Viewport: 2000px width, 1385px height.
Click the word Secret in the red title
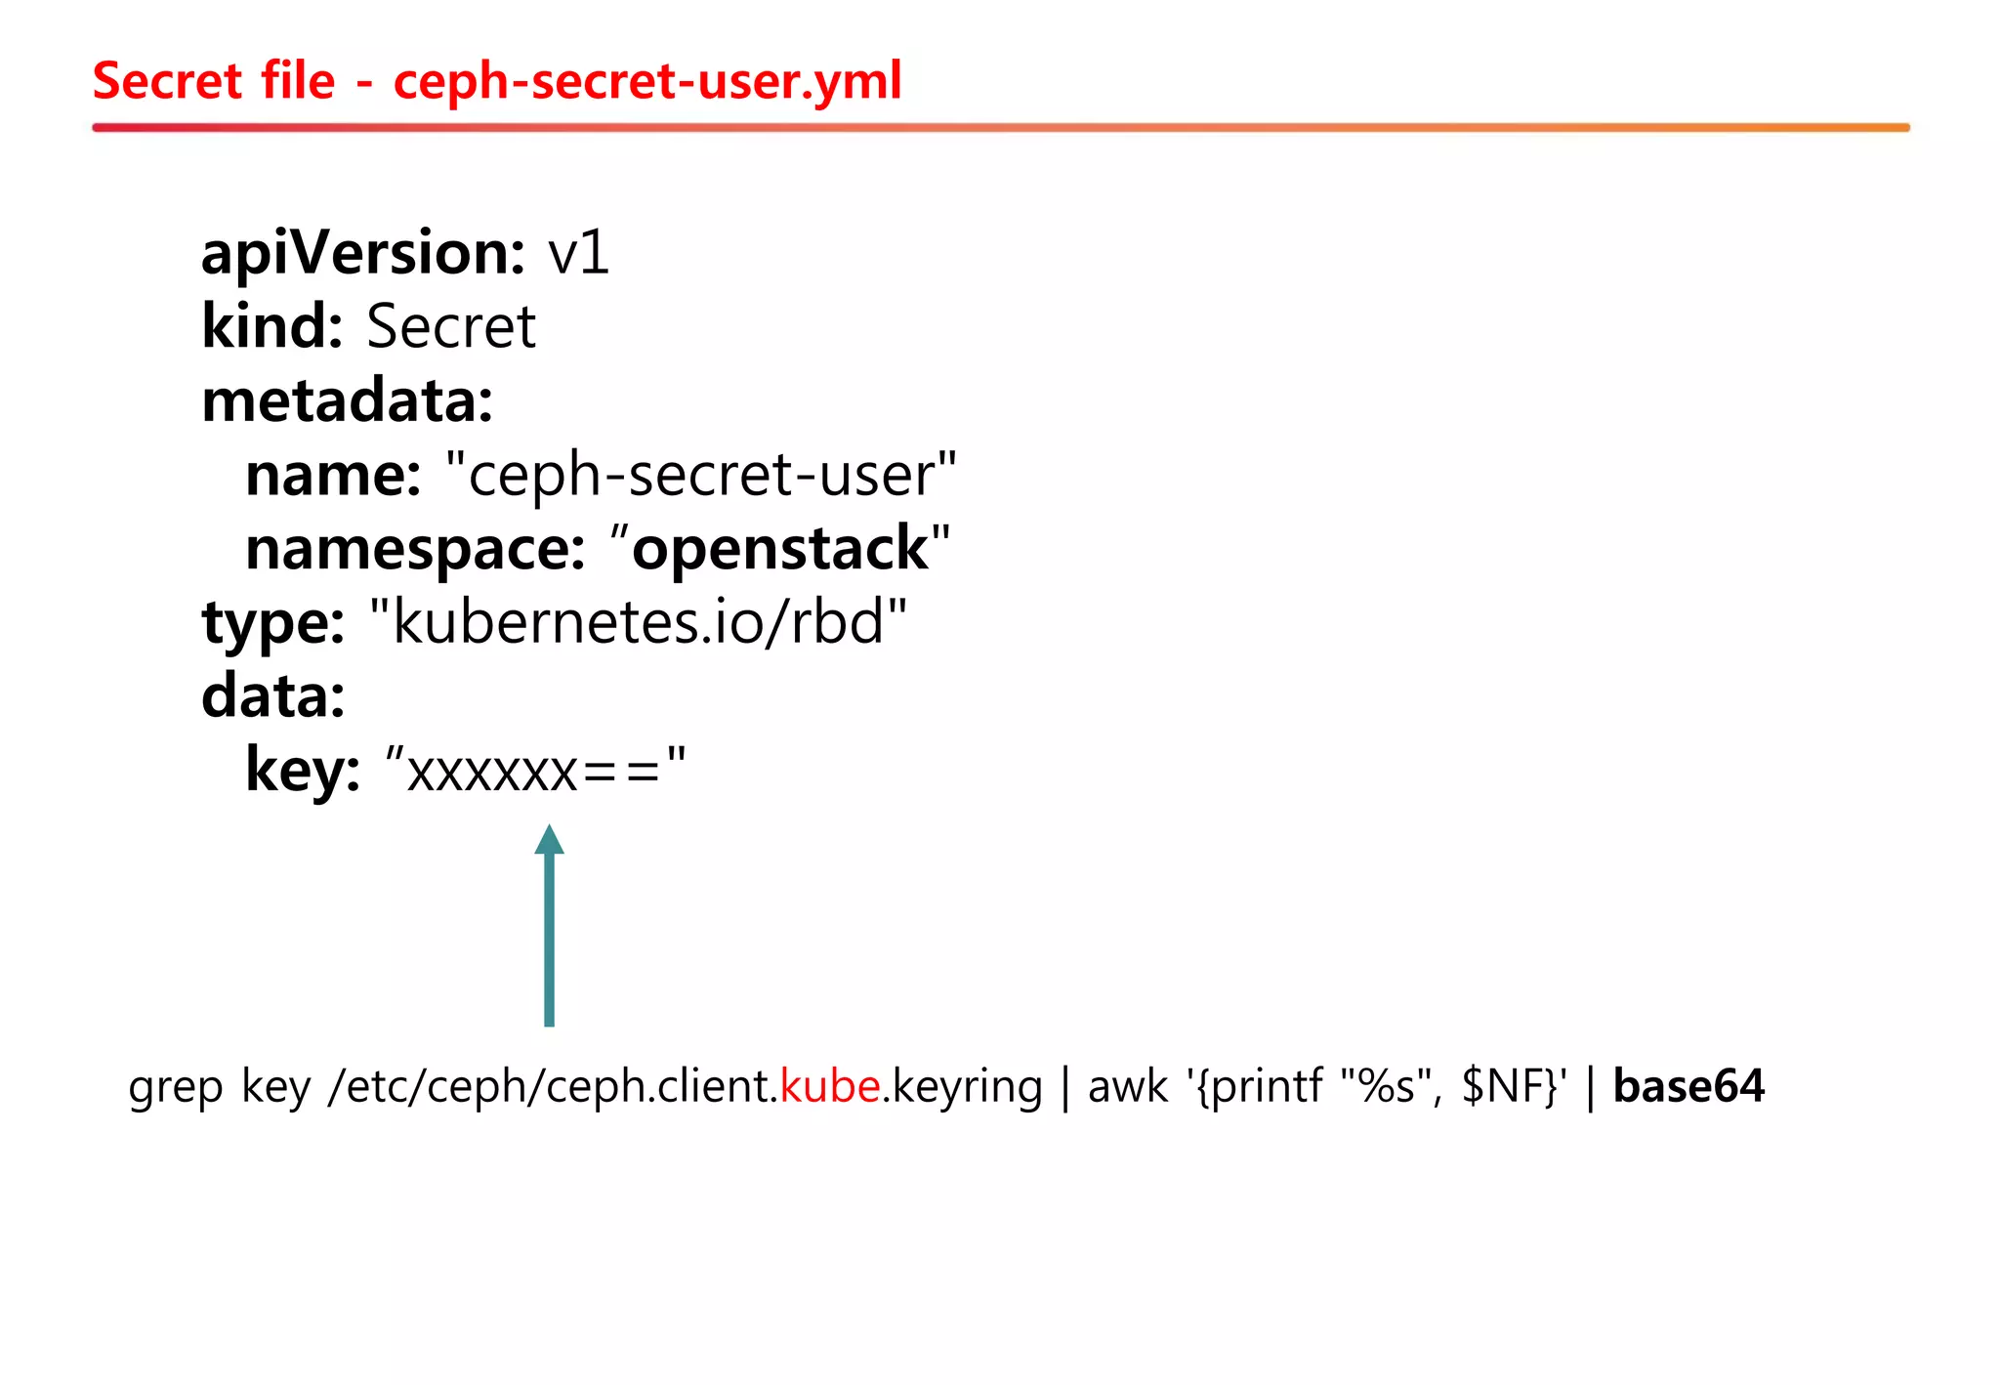click(x=166, y=81)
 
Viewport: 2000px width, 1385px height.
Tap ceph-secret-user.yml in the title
click(x=646, y=81)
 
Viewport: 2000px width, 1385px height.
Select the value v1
click(x=578, y=253)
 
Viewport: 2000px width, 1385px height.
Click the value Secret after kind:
click(x=450, y=326)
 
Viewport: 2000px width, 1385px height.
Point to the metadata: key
click(x=347, y=401)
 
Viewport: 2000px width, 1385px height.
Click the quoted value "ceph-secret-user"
click(x=700, y=475)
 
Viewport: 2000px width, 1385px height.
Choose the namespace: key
click(x=415, y=549)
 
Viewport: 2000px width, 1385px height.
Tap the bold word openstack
click(x=780, y=549)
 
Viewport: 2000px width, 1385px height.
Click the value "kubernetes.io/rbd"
click(x=639, y=622)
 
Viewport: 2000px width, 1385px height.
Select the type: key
click(x=272, y=623)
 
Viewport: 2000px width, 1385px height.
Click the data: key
click(x=272, y=696)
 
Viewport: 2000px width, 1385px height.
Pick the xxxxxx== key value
click(x=535, y=772)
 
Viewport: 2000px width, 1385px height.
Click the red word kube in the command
click(x=830, y=1086)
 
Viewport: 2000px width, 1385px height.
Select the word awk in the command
click(x=1127, y=1086)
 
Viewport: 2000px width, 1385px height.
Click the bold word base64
click(x=1687, y=1086)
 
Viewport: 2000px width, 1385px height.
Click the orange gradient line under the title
click(x=1000, y=127)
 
